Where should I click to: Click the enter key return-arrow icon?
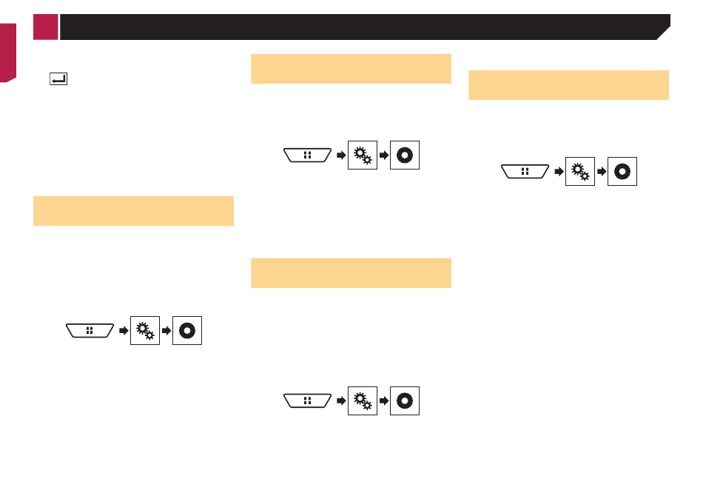[x=58, y=78]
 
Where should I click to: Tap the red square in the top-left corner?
[x=45, y=27]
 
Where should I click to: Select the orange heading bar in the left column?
[x=134, y=211]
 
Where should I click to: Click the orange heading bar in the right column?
[x=568, y=85]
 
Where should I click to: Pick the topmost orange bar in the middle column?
[x=351, y=69]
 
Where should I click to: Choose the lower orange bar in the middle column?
[x=351, y=272]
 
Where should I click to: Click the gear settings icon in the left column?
[x=145, y=330]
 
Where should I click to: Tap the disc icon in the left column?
[x=187, y=330]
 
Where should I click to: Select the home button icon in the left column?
[x=90, y=330]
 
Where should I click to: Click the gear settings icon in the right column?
[x=580, y=171]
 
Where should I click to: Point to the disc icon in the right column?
[x=622, y=171]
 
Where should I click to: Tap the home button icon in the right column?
[x=525, y=171]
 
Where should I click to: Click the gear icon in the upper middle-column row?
[x=363, y=155]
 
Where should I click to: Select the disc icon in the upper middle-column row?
[x=405, y=155]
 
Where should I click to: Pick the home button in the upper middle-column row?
[x=307, y=155]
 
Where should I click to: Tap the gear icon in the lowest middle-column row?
[x=363, y=401]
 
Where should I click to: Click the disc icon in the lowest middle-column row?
[x=405, y=401]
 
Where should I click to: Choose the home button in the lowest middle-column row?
[x=307, y=401]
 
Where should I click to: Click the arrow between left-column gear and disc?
[x=166, y=330]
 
